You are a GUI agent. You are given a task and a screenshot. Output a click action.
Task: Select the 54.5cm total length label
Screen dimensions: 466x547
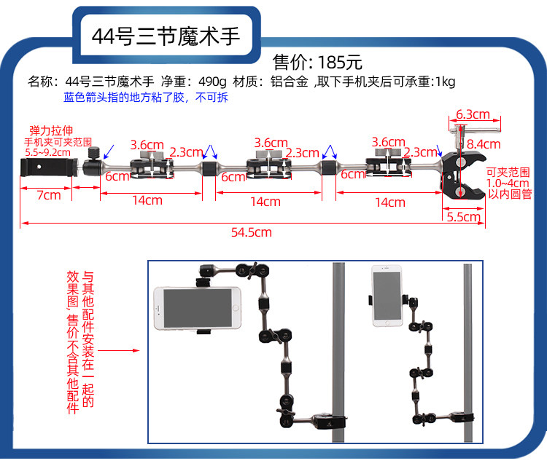(x=251, y=232)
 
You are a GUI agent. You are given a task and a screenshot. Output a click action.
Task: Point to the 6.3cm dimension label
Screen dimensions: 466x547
(x=473, y=114)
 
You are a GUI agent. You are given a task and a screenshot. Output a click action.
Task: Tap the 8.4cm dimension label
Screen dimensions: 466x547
(x=483, y=143)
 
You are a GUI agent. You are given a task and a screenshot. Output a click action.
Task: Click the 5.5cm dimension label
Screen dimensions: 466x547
(x=462, y=216)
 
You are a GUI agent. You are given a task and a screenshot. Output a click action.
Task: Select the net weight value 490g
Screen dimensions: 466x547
(x=212, y=82)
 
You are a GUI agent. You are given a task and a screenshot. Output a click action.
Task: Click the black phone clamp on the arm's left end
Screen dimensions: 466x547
(x=46, y=170)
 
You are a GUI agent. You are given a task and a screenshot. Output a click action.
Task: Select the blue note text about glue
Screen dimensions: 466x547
(x=146, y=97)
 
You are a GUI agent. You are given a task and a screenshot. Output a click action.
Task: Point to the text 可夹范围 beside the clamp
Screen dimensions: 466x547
(x=508, y=173)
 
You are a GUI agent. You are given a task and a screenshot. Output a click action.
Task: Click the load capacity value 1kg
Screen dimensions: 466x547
(x=444, y=82)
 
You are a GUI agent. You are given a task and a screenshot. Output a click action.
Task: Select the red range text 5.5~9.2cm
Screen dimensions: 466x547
(x=47, y=152)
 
